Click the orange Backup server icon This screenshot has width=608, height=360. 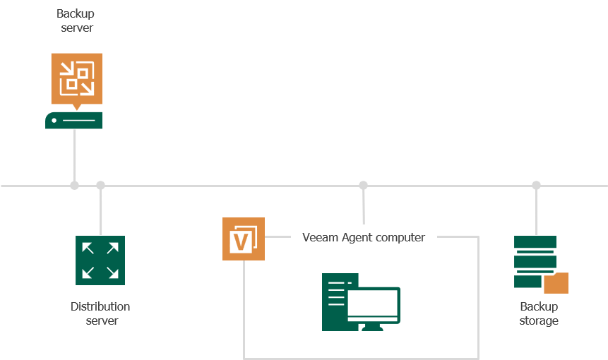(x=76, y=78)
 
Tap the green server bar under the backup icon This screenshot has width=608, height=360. (x=74, y=121)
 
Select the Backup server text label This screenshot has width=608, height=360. (x=76, y=21)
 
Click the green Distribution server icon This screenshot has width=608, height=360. (x=100, y=260)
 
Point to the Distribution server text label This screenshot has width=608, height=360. (x=100, y=313)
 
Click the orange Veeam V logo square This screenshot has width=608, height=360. (x=243, y=239)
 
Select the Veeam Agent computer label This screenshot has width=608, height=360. (x=364, y=237)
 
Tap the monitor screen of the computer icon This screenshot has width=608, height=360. (x=373, y=304)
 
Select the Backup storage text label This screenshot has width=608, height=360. (x=539, y=313)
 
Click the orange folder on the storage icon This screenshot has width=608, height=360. (x=556, y=283)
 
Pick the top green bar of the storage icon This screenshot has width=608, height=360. (x=535, y=242)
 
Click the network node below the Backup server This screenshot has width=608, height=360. (x=74, y=186)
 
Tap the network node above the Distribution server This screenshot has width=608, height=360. (x=100, y=186)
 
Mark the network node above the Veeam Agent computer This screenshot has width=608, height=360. (x=363, y=186)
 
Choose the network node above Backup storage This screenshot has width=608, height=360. (x=536, y=186)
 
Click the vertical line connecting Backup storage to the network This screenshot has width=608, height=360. (x=536, y=212)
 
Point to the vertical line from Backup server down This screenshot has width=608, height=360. (x=74, y=155)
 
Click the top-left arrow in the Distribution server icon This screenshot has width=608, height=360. (x=88, y=248)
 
